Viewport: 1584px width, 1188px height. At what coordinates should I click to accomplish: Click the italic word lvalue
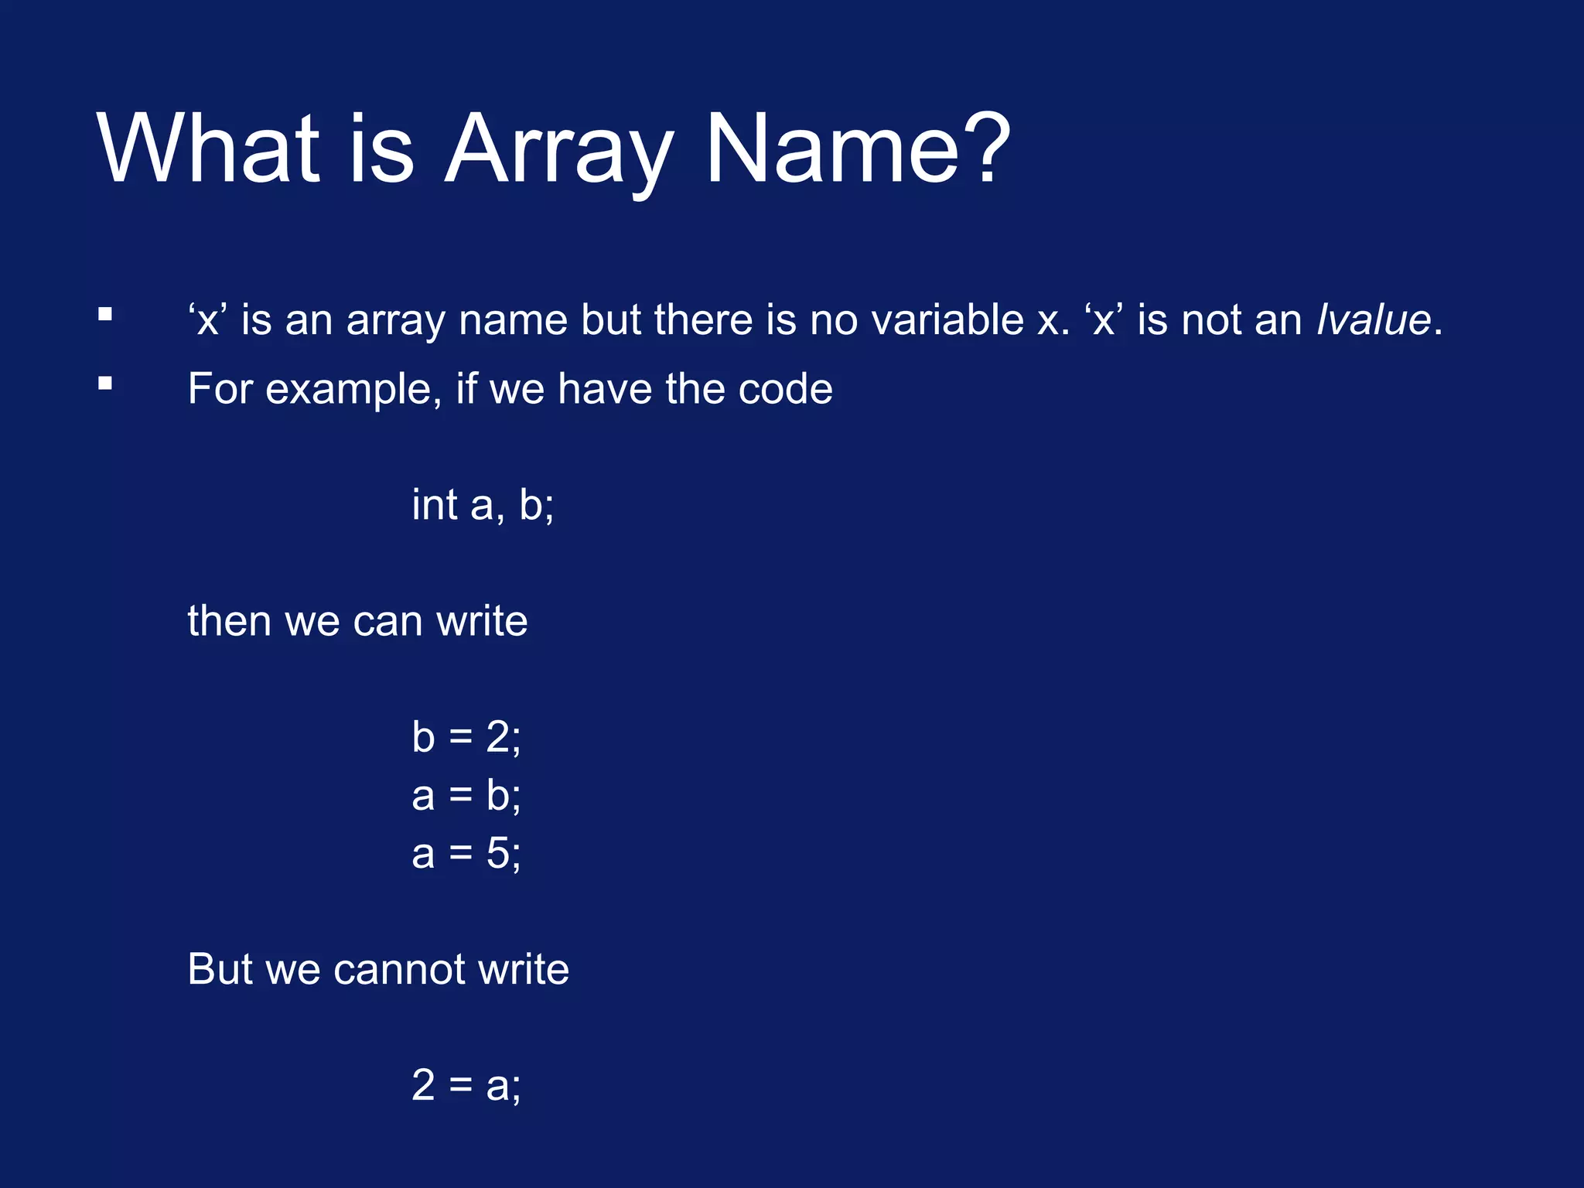click(1374, 319)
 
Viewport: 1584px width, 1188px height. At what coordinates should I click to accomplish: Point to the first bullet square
click(105, 315)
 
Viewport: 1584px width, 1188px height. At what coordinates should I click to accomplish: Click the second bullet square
click(105, 384)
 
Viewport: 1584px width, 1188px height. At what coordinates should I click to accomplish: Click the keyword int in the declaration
click(435, 504)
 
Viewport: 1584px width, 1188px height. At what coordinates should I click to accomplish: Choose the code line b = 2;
click(466, 736)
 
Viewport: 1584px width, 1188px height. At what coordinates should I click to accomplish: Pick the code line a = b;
click(466, 795)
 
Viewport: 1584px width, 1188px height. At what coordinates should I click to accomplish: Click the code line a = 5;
click(466, 854)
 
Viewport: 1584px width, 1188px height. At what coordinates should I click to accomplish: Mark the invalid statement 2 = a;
click(466, 1084)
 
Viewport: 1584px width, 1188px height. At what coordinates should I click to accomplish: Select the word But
click(219, 969)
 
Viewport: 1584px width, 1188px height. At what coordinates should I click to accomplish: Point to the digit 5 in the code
click(498, 854)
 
